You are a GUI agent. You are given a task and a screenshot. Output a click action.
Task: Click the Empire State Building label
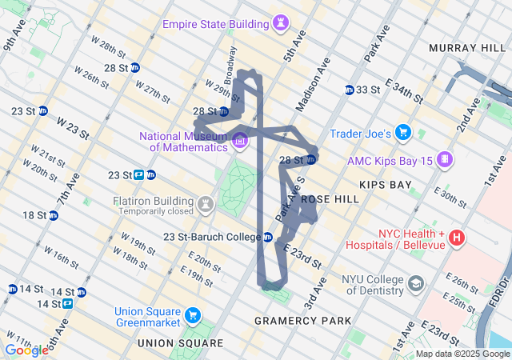[x=214, y=24]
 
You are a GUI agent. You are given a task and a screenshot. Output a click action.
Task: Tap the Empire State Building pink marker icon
[x=280, y=25]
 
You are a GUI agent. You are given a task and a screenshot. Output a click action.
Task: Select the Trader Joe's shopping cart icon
[x=402, y=133]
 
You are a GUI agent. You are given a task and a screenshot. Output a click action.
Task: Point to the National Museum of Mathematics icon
[x=240, y=142]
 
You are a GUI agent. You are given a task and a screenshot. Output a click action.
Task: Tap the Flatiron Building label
[x=156, y=201]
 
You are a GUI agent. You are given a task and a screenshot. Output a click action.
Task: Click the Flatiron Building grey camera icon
[x=206, y=205]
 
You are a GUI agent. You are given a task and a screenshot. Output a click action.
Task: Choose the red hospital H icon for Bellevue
[x=457, y=237]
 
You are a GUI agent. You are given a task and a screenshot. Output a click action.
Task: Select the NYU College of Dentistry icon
[x=416, y=284]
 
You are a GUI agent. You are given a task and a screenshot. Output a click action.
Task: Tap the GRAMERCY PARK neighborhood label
[x=302, y=321]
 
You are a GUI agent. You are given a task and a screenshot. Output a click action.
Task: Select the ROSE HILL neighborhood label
[x=326, y=198]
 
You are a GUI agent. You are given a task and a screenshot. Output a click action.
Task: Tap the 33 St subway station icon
[x=350, y=90]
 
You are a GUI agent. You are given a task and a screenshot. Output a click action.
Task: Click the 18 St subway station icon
[x=54, y=215]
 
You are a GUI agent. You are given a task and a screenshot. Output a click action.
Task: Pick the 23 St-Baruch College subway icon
[x=268, y=237]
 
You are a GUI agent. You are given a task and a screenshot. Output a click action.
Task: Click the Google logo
[x=26, y=350]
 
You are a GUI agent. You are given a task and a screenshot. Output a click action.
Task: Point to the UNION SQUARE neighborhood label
[x=180, y=343]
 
